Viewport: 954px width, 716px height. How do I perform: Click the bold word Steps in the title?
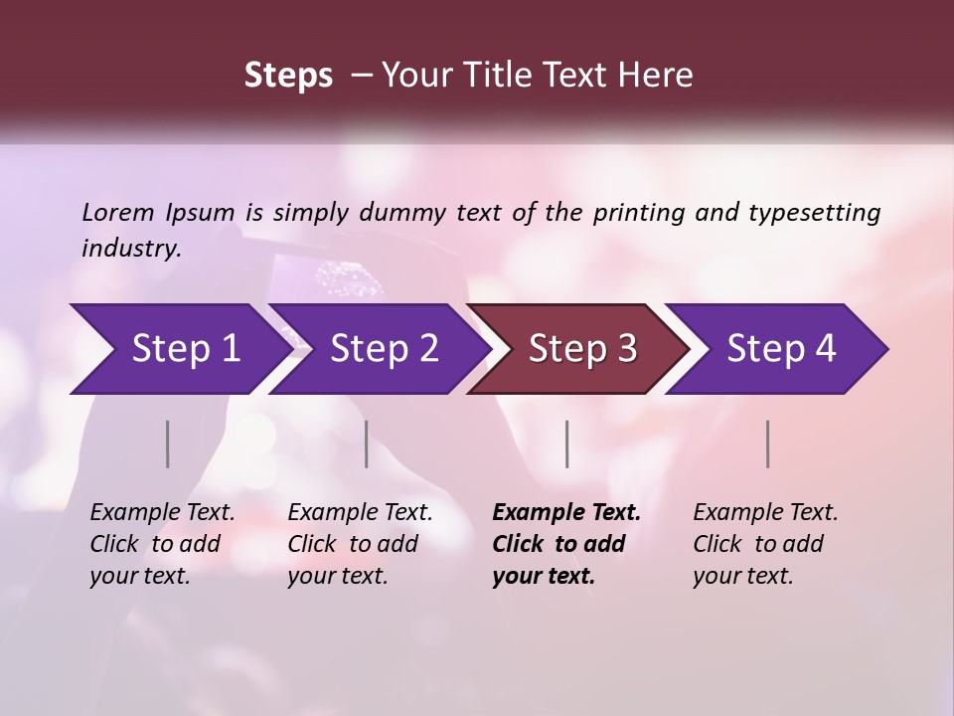coord(288,76)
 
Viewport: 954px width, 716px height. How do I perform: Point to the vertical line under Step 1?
coord(168,444)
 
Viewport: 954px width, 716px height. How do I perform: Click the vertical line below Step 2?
coord(367,444)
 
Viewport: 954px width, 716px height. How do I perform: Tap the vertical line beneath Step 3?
coord(566,444)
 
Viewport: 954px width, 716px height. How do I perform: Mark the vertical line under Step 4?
coord(767,444)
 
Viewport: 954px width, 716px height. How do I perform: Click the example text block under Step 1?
coord(162,544)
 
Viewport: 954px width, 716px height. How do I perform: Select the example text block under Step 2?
coord(360,544)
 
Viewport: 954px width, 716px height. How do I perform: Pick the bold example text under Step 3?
coord(566,544)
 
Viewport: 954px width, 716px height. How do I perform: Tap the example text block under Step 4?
coord(765,544)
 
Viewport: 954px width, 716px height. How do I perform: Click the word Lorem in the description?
coord(117,213)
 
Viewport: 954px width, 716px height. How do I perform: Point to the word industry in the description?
coord(130,248)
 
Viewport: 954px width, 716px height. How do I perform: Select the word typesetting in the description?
coord(813,213)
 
